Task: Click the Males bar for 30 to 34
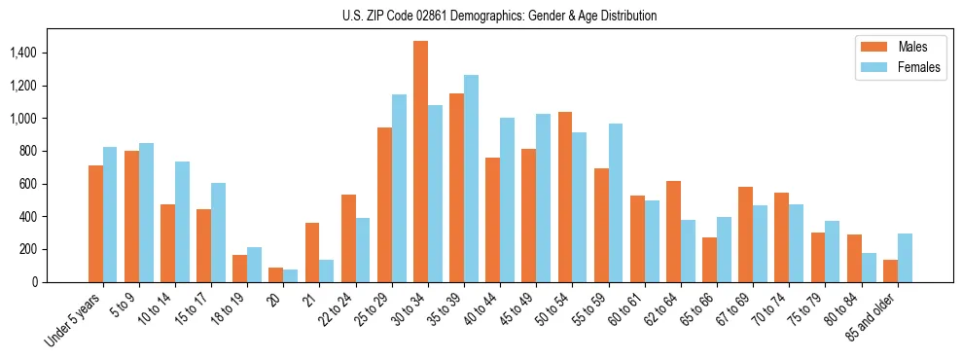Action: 420,162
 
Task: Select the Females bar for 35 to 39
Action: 471,178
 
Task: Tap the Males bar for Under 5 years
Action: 95,224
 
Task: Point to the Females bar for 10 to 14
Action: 182,222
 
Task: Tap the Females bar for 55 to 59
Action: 616,202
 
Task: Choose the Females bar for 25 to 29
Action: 399,188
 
